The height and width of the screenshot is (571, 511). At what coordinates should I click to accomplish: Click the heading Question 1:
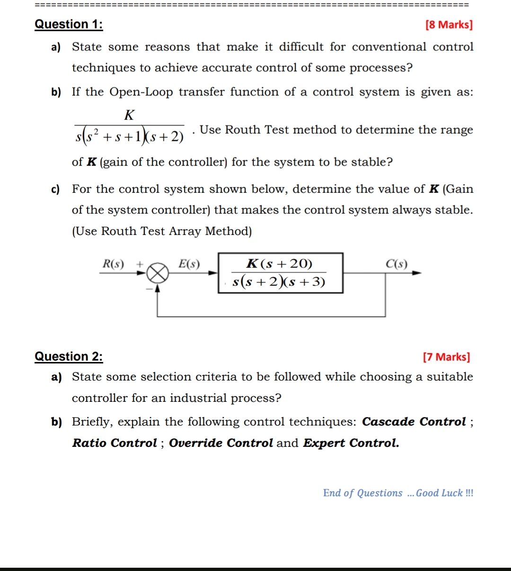pyautogui.click(x=69, y=24)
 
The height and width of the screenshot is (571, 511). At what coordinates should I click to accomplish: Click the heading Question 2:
pyautogui.click(x=69, y=356)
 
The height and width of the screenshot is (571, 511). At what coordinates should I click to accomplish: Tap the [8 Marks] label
pyautogui.click(x=449, y=25)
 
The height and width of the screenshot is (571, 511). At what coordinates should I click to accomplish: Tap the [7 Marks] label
pyautogui.click(x=447, y=357)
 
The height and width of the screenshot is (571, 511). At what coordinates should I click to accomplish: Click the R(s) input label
pyautogui.click(x=113, y=264)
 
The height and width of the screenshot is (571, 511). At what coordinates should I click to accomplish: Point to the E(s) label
pyautogui.click(x=189, y=264)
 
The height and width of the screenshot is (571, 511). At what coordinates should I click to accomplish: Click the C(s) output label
pyautogui.click(x=396, y=264)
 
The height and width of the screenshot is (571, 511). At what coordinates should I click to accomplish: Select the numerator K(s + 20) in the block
pyautogui.click(x=280, y=263)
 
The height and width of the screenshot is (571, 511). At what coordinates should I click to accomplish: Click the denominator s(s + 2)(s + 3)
pyautogui.click(x=279, y=282)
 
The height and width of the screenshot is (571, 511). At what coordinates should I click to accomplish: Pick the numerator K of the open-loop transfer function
pyautogui.click(x=129, y=115)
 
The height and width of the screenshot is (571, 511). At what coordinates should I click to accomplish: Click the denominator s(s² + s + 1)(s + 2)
pyautogui.click(x=130, y=136)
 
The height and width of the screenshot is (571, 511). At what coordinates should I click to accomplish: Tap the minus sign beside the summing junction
pyautogui.click(x=149, y=288)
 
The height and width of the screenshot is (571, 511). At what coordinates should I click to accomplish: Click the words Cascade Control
pyautogui.click(x=414, y=422)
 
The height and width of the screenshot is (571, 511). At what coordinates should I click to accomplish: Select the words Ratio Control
pyautogui.click(x=115, y=443)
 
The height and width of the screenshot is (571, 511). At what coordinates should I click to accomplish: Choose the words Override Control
pyautogui.click(x=221, y=443)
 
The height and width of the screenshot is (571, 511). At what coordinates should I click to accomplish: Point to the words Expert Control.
pyautogui.click(x=351, y=443)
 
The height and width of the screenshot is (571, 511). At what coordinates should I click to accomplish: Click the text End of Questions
pyautogui.click(x=362, y=493)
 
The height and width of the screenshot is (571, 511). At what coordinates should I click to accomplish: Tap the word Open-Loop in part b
pyautogui.click(x=141, y=92)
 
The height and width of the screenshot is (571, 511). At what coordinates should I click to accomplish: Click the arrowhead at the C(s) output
pyautogui.click(x=417, y=272)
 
